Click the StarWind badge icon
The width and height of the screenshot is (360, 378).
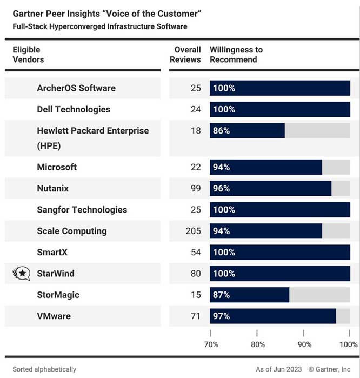point(21,274)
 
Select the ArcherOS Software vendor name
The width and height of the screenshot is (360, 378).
point(76,88)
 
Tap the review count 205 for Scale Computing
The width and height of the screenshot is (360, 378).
point(192,231)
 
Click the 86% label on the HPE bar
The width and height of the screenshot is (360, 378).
point(222,131)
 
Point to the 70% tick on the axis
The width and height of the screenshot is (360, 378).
point(211,344)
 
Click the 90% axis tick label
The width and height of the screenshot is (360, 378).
point(305,344)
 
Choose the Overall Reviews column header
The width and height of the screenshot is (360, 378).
point(185,55)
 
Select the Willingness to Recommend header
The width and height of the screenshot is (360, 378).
point(236,55)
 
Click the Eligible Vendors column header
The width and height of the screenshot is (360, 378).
point(28,55)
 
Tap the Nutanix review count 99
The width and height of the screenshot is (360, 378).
point(195,189)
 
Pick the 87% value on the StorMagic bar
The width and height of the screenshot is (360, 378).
point(222,295)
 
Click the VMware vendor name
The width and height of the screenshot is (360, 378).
point(54,316)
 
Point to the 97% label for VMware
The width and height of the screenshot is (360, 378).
point(222,316)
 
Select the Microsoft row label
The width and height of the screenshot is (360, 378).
point(57,167)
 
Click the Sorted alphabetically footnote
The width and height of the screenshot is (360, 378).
point(44,369)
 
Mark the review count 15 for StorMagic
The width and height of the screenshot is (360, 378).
point(196,295)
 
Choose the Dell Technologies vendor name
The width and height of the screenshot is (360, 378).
point(74,109)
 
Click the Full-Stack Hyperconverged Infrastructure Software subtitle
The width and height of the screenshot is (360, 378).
point(100,26)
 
